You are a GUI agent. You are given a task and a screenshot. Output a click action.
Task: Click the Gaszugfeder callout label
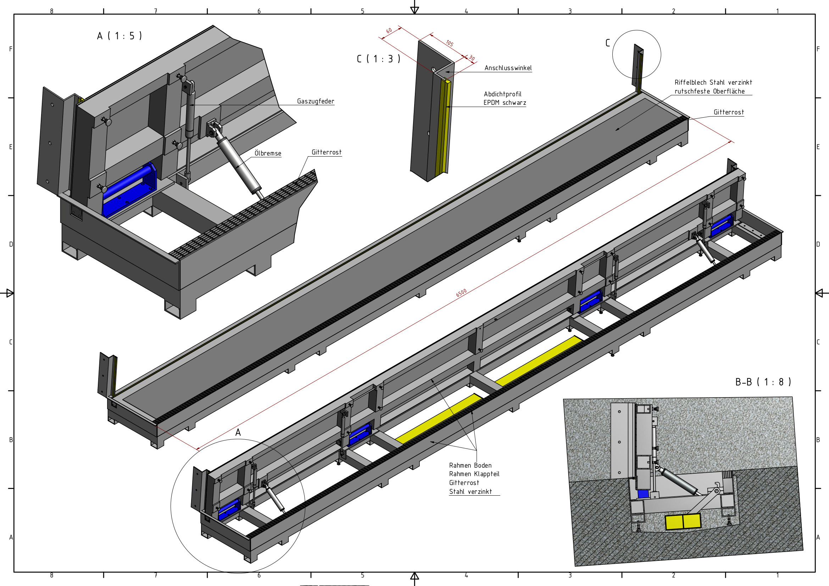coord(315,101)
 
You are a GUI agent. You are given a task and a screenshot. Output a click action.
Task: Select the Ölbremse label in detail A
coord(268,153)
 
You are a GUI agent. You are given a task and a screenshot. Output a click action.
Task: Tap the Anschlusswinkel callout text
coord(508,68)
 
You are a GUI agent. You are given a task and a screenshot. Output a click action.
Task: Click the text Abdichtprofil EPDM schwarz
coord(505,98)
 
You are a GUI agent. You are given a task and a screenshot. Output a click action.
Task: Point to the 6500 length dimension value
coord(461,293)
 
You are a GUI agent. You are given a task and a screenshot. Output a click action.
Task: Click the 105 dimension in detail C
coord(449,43)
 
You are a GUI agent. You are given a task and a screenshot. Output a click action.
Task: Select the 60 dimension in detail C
coord(389,31)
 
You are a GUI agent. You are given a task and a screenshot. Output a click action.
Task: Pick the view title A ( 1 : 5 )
coord(119,36)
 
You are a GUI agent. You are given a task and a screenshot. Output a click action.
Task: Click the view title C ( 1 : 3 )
coord(378,59)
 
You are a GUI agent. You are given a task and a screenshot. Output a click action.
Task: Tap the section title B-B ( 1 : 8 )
coord(763,382)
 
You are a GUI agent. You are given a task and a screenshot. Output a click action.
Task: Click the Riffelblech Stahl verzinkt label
coord(713,83)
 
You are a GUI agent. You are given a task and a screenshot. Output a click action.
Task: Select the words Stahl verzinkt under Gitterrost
coord(470,492)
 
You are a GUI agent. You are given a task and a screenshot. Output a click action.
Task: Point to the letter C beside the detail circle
coord(608,43)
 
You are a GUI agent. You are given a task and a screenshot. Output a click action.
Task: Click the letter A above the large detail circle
coord(238,432)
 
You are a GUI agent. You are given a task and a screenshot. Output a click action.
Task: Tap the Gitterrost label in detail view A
coord(327,152)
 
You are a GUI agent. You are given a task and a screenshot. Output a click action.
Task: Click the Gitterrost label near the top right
coord(728,112)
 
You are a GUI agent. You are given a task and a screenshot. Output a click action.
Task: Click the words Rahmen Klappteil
coord(474,474)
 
